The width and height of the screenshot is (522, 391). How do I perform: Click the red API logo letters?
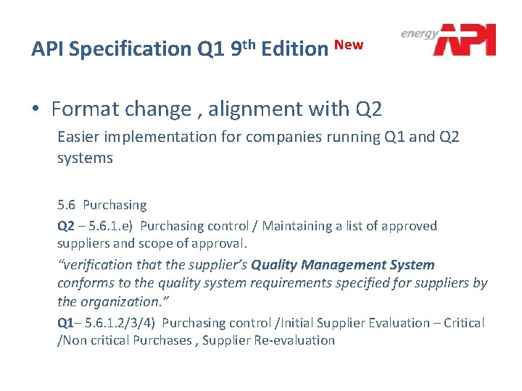pyautogui.click(x=465, y=40)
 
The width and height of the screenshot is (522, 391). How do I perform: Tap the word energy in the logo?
pyautogui.click(x=420, y=33)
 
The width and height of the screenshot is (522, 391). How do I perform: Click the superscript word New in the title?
pyautogui.click(x=349, y=44)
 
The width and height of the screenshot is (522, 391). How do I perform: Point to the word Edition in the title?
pyautogui.click(x=294, y=49)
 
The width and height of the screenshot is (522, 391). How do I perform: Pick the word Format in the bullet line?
pyautogui.click(x=85, y=109)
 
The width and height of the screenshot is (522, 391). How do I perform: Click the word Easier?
pyautogui.click(x=79, y=136)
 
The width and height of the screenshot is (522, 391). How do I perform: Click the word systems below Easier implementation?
pyautogui.click(x=85, y=157)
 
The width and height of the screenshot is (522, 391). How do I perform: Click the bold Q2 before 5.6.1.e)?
pyautogui.click(x=66, y=226)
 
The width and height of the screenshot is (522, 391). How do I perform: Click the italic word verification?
pyautogui.click(x=99, y=265)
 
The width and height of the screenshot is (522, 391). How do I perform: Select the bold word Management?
pyautogui.click(x=344, y=265)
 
